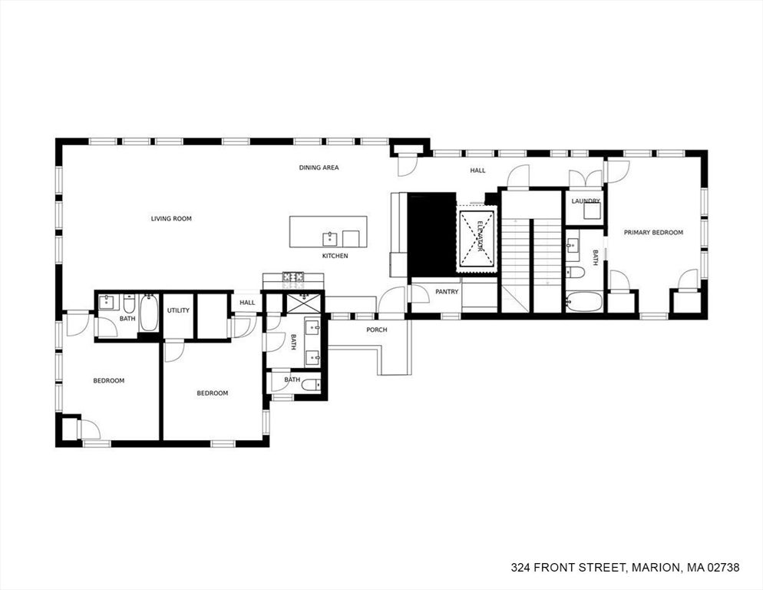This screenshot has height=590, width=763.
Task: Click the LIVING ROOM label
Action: (171, 219)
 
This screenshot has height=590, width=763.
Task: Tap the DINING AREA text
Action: (319, 167)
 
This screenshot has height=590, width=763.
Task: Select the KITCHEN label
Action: (335, 256)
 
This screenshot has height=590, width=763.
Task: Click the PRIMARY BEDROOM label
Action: (653, 233)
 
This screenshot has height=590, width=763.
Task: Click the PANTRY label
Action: (447, 292)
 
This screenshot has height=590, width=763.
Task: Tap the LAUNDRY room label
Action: (586, 201)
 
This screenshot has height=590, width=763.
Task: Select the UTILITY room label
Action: (178, 311)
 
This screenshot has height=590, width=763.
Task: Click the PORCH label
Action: (377, 330)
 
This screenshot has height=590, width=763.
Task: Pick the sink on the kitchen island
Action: (330, 239)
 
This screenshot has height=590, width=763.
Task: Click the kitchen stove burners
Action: (293, 277)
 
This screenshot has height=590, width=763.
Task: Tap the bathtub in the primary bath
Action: (584, 302)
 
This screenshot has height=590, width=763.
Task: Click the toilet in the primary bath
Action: (575, 272)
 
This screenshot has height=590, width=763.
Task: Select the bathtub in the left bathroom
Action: (149, 313)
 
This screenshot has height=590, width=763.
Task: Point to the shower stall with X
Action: (304, 303)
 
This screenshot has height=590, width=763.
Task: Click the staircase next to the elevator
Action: (532, 252)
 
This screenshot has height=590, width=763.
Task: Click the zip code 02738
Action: (724, 568)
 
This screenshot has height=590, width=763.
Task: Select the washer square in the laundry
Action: (592, 211)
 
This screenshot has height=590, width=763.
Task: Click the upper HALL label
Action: (478, 171)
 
